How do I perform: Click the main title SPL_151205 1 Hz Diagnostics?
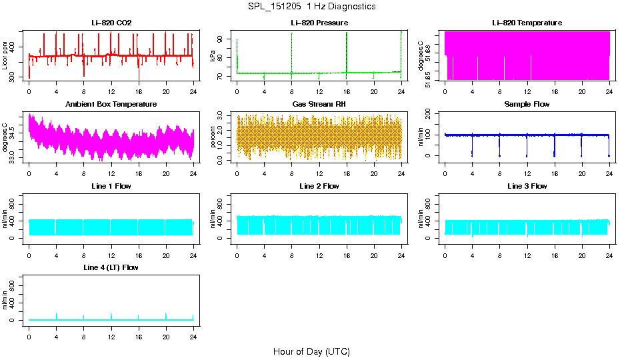[311, 7]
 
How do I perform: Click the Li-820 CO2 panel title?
[111, 23]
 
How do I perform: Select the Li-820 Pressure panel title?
[319, 23]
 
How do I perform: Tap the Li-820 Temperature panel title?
[527, 23]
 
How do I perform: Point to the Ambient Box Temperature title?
[111, 105]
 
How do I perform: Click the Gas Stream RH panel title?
[319, 105]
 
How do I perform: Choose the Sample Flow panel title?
[527, 105]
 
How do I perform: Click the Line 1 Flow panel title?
[111, 186]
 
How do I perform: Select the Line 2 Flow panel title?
[319, 186]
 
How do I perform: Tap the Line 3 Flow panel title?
[527, 186]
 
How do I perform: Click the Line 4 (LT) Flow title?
[111, 267]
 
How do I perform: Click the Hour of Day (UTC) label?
[311, 351]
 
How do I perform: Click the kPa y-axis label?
[213, 57]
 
